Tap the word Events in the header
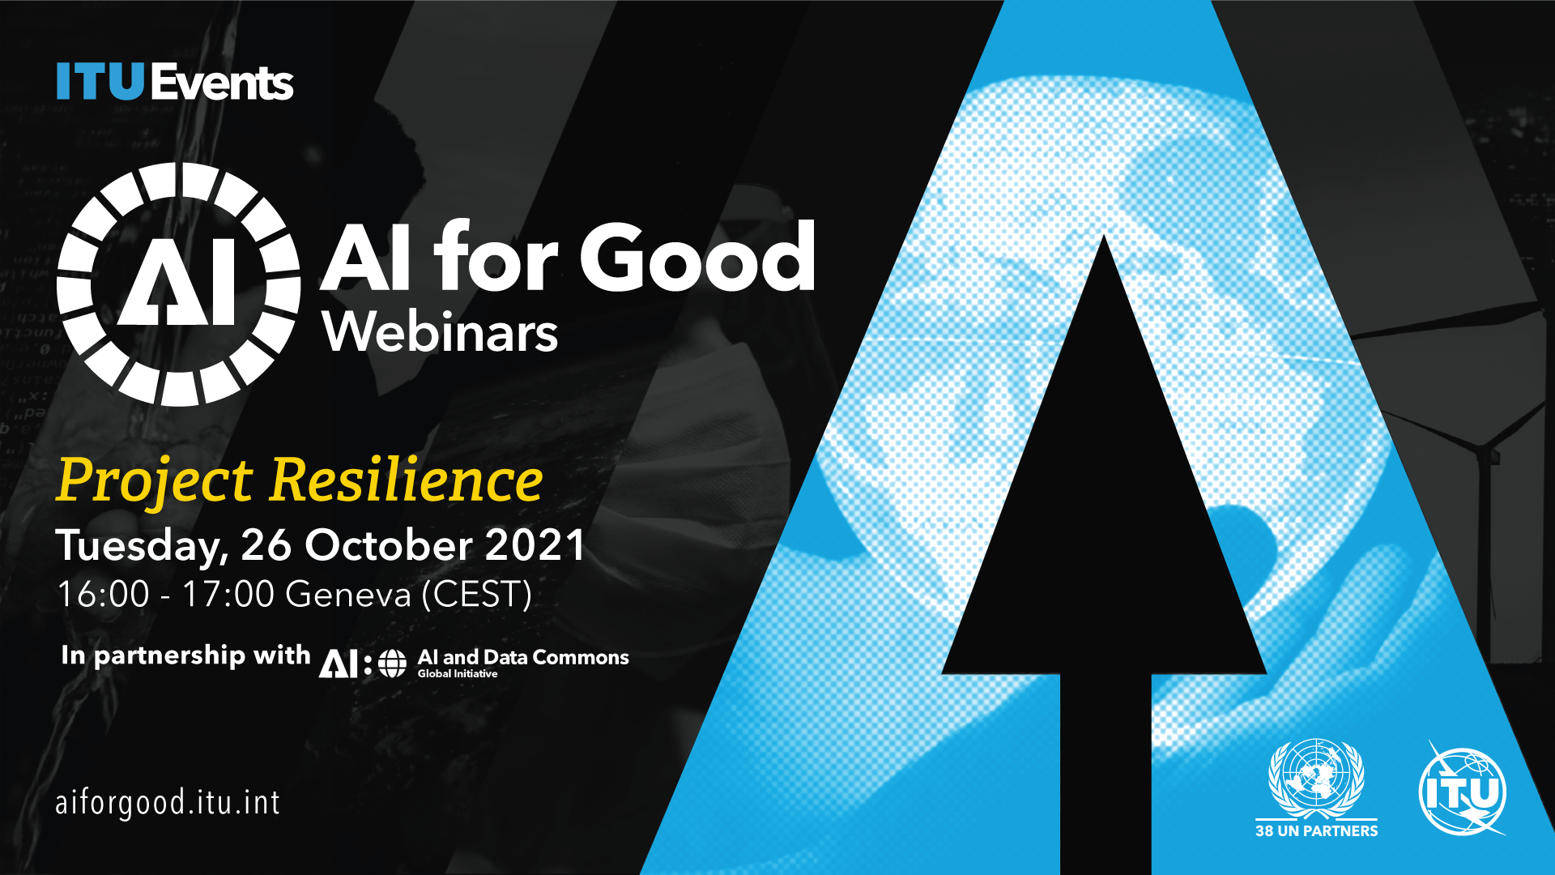(x=221, y=82)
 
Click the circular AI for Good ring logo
(x=178, y=284)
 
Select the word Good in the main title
(x=697, y=257)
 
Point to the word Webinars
(x=441, y=332)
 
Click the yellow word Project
(x=155, y=481)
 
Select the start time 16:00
(x=104, y=595)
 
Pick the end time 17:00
(x=228, y=595)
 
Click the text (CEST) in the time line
(x=477, y=595)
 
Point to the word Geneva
(x=349, y=595)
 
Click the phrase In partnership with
(x=185, y=655)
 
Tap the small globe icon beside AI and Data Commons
(x=393, y=664)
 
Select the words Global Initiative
(x=458, y=674)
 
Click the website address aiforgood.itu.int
(x=168, y=803)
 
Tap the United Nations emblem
(x=1316, y=779)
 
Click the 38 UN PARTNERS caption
(x=1316, y=831)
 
